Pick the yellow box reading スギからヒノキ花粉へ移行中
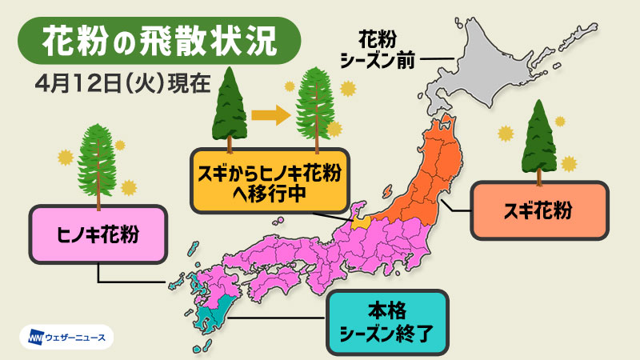tap(269, 181)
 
